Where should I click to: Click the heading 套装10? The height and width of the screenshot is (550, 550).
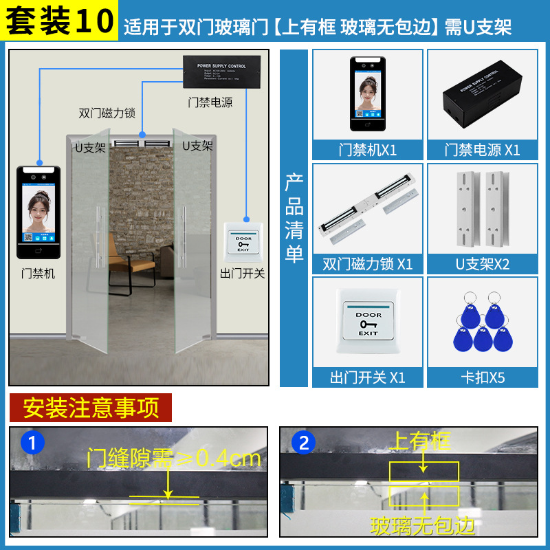pyautogui.click(x=60, y=21)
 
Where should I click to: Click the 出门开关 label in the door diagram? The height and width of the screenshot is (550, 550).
pyautogui.click(x=242, y=274)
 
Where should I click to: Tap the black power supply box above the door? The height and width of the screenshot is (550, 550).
pyautogui.click(x=220, y=71)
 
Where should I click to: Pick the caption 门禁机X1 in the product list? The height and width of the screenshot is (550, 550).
pyautogui.click(x=368, y=150)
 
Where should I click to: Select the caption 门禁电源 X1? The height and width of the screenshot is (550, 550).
pyautogui.click(x=482, y=150)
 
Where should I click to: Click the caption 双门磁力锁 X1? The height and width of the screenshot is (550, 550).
pyautogui.click(x=368, y=264)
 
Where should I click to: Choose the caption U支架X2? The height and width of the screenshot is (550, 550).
pyautogui.click(x=482, y=264)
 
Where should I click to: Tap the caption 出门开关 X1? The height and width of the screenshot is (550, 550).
pyautogui.click(x=368, y=377)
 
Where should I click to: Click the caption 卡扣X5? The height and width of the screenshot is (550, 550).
pyautogui.click(x=482, y=377)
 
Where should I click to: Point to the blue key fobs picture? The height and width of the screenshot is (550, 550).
pyautogui.click(x=482, y=323)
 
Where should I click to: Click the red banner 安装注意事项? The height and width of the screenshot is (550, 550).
pyautogui.click(x=91, y=408)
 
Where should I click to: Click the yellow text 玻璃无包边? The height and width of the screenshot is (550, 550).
pyautogui.click(x=423, y=527)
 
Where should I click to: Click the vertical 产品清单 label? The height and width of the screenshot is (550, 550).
pyautogui.click(x=294, y=218)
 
